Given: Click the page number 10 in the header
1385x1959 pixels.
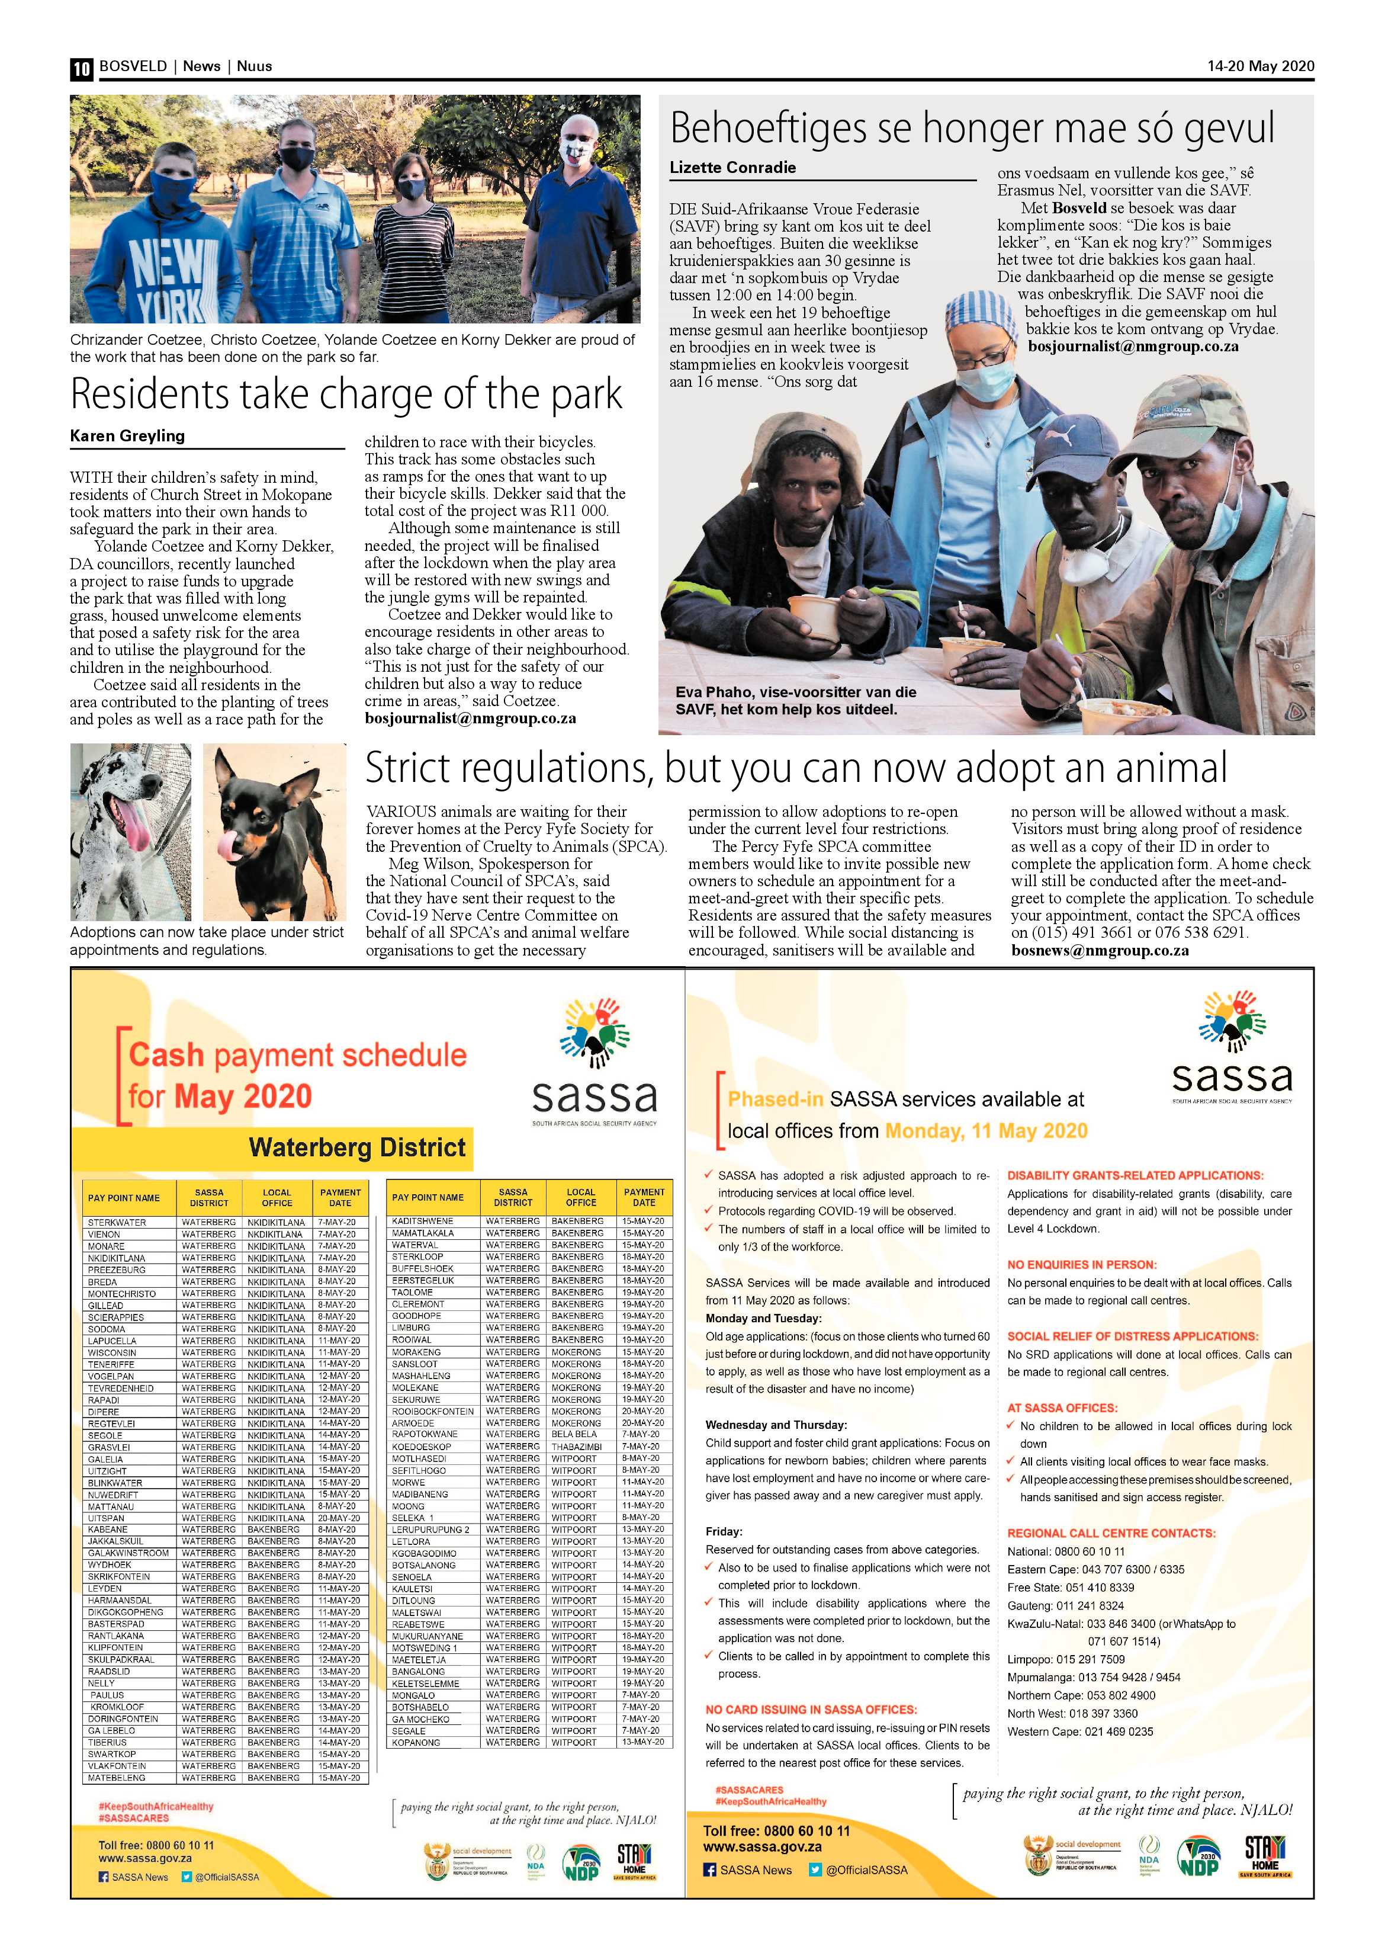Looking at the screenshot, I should pos(81,68).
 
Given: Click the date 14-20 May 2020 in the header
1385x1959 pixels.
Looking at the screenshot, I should pos(1261,66).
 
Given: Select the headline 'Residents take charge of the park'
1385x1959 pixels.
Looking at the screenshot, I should pos(346,393).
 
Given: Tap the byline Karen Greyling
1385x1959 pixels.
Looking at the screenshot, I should pos(127,436).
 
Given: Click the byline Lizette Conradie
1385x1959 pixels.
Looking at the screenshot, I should pos(732,167).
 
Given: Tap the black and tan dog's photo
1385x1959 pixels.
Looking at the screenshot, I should pos(275,831).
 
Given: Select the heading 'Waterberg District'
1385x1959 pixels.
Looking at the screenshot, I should pos(357,1147).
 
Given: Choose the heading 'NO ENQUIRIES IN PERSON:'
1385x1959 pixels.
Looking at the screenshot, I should pos(1081,1265).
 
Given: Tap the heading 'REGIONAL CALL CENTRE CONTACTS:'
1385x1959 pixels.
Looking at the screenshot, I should pos(1111,1533).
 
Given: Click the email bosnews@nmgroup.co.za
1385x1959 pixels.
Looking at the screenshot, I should pos(1100,951).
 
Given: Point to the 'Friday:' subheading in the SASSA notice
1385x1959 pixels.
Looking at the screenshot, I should pos(724,1531).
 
